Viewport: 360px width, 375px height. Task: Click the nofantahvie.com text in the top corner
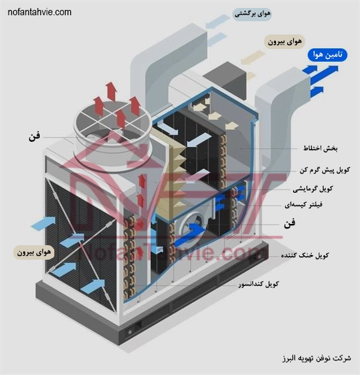click(x=40, y=12)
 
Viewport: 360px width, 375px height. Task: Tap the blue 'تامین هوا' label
click(x=328, y=55)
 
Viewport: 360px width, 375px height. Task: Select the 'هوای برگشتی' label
click(x=252, y=14)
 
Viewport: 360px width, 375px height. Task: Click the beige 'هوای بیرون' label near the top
click(x=285, y=42)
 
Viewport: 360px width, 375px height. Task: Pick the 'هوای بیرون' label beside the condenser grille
click(x=34, y=252)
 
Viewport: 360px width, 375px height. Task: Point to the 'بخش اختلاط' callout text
click(x=320, y=148)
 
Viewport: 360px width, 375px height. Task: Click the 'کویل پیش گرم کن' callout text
click(x=325, y=170)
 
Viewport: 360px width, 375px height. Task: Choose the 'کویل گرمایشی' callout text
click(x=313, y=189)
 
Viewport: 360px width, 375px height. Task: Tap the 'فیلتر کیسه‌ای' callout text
click(x=303, y=205)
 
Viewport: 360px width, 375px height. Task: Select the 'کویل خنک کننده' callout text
click(x=305, y=255)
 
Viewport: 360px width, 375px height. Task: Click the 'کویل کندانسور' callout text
click(x=259, y=284)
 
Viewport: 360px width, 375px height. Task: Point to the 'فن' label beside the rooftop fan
click(x=34, y=136)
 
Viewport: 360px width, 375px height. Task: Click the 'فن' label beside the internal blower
click(x=290, y=224)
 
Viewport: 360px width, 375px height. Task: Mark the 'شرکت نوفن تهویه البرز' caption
click(x=317, y=358)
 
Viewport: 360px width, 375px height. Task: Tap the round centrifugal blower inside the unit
click(x=191, y=227)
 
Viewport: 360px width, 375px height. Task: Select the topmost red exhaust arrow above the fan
click(x=111, y=91)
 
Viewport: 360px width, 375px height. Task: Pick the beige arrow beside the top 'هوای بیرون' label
click(x=253, y=57)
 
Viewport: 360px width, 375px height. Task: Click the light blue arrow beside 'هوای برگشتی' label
click(x=217, y=21)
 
